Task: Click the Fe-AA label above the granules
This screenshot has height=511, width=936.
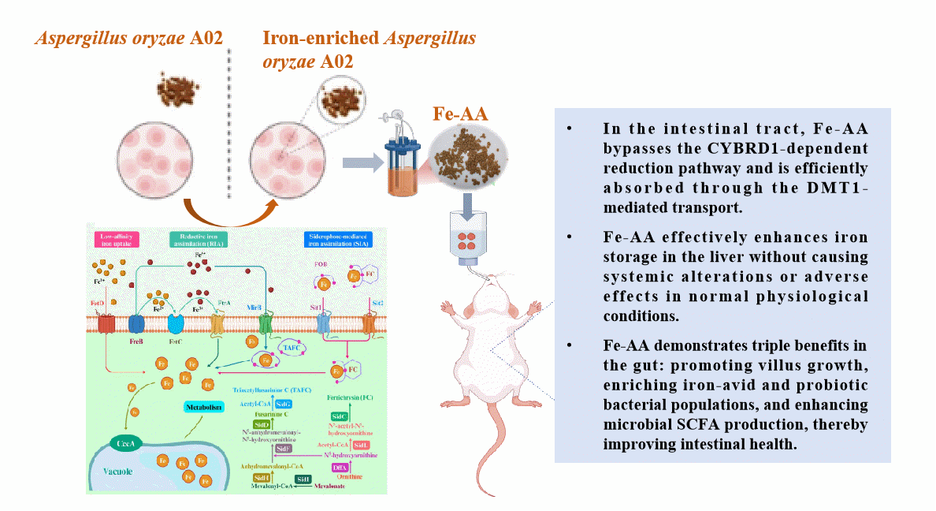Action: pos(460,114)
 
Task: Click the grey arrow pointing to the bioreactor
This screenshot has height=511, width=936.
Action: pos(358,162)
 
